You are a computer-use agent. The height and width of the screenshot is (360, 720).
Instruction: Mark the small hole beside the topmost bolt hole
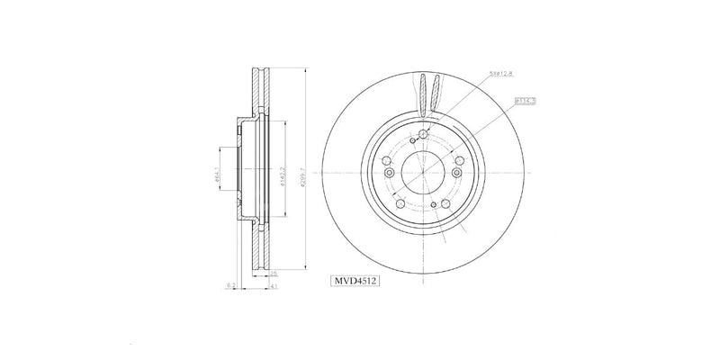click(x=412, y=139)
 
